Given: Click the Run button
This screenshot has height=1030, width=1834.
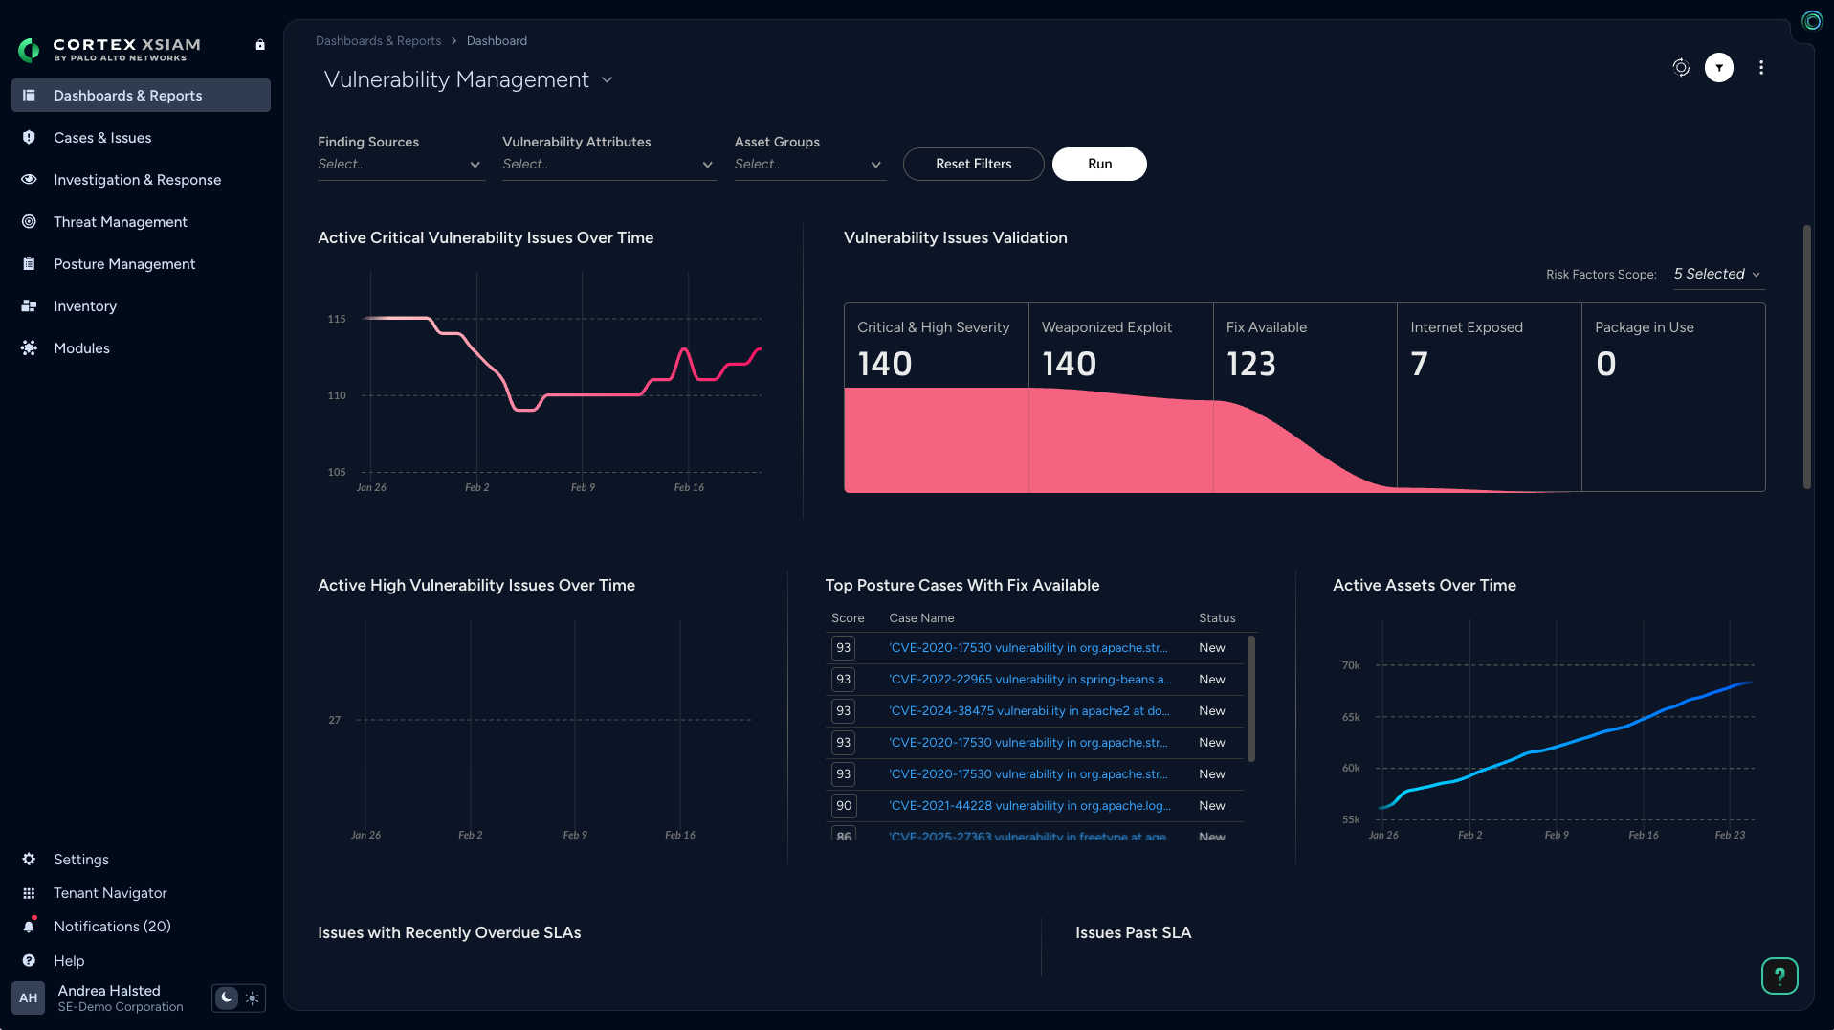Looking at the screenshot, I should coord(1099,164).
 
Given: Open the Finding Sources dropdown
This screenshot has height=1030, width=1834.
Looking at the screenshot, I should coord(400,165).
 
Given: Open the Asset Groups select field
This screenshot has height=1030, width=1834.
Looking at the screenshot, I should coord(808,165).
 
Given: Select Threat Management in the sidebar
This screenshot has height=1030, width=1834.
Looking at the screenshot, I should coord(120,222).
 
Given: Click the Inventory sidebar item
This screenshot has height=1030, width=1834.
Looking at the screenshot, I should coord(84,306).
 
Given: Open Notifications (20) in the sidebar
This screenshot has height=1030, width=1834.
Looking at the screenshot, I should coord(111,927).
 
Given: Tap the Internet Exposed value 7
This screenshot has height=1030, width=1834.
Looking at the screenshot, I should coord(1419,364).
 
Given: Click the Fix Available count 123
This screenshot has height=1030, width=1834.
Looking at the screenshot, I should coord(1250,364).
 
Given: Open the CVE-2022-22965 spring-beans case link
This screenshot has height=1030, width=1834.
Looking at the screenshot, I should coord(1029,680).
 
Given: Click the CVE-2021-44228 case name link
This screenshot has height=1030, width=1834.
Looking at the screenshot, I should coord(1029,806).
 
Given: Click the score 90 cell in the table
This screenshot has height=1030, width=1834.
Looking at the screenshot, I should coord(843,806).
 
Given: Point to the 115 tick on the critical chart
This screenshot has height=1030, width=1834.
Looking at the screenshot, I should coord(337,319).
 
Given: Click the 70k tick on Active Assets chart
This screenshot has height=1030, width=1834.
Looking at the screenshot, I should coord(1350,665).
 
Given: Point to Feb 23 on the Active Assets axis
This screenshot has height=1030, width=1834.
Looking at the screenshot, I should coord(1729,836).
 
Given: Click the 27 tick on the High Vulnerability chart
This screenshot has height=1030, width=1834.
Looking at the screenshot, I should coord(334,720).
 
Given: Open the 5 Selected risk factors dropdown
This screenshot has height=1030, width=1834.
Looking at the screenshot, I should coord(1716,274).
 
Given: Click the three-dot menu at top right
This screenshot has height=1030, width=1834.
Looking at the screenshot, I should coord(1760,68).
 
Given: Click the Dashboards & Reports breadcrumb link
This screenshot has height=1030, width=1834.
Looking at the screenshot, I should coord(378,41).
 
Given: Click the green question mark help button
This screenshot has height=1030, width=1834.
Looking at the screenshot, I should coord(1779,975).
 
